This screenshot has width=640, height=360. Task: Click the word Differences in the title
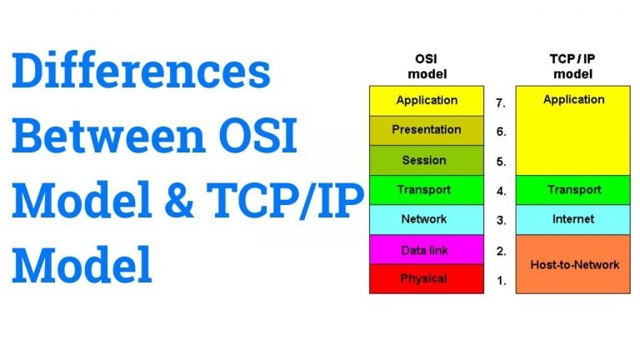(x=141, y=72)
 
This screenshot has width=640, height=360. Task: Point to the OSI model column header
(x=427, y=66)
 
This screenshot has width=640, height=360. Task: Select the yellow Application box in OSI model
(x=427, y=101)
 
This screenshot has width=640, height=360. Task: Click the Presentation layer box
(x=427, y=130)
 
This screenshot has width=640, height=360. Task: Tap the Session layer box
(x=427, y=160)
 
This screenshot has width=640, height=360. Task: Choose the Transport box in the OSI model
(x=427, y=190)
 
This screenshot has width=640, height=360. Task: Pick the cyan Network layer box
(x=427, y=219)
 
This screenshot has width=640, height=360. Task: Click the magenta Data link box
(x=427, y=249)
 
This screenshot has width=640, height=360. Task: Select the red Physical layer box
(x=427, y=278)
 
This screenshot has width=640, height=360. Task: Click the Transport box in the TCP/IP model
(x=573, y=190)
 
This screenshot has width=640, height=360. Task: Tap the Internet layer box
(x=573, y=219)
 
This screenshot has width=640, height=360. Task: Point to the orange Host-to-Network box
(x=573, y=264)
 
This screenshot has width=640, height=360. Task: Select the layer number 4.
(x=501, y=191)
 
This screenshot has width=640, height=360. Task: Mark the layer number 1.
(x=501, y=281)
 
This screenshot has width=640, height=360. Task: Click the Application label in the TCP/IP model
(x=573, y=100)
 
